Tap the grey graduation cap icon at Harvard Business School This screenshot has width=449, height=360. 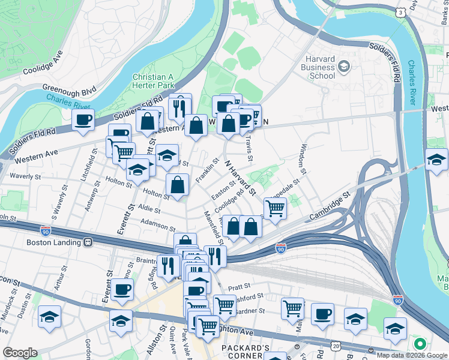coord(345,65)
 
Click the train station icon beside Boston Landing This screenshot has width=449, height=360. coord(88,242)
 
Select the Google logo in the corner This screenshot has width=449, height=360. coord(20,353)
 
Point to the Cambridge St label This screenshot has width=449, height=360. coord(330,206)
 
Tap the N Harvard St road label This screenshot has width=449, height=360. coord(240,177)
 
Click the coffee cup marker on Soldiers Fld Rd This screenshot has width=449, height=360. coord(83,119)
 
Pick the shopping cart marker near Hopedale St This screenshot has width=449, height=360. coord(274,209)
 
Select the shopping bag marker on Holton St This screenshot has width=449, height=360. coord(178,185)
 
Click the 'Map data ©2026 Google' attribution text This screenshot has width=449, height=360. coord(412,355)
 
